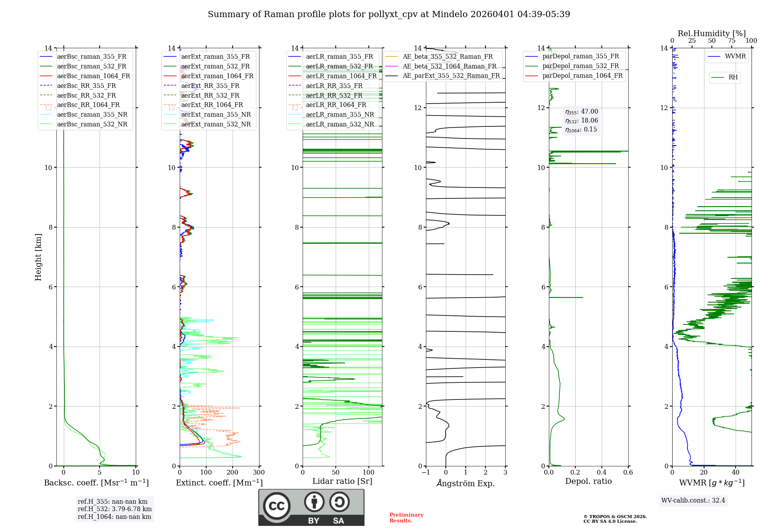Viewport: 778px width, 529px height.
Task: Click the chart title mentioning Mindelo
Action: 389,14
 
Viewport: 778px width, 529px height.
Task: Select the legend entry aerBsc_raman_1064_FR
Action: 93,76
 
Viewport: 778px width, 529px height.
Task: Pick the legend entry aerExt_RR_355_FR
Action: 210,86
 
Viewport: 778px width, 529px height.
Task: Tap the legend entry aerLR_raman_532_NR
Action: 340,124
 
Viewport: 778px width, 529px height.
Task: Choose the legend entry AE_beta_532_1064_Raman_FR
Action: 449,66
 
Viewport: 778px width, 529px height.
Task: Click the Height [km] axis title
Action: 38,257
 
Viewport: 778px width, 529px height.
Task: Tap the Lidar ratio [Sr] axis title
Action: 342,481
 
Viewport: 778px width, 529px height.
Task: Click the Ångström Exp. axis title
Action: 466,483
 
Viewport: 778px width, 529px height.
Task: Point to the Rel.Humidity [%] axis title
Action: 711,33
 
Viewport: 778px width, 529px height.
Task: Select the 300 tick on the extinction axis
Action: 259,473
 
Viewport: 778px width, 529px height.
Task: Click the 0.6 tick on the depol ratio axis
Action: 628,473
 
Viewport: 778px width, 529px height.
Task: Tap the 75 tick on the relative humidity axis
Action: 731,41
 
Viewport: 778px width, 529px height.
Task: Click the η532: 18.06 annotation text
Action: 582,121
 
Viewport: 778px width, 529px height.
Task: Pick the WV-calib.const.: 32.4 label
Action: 693,500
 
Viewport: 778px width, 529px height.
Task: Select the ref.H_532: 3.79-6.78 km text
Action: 114,509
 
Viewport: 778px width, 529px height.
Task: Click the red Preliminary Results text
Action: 406,517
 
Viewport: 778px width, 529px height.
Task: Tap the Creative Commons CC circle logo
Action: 277,506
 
